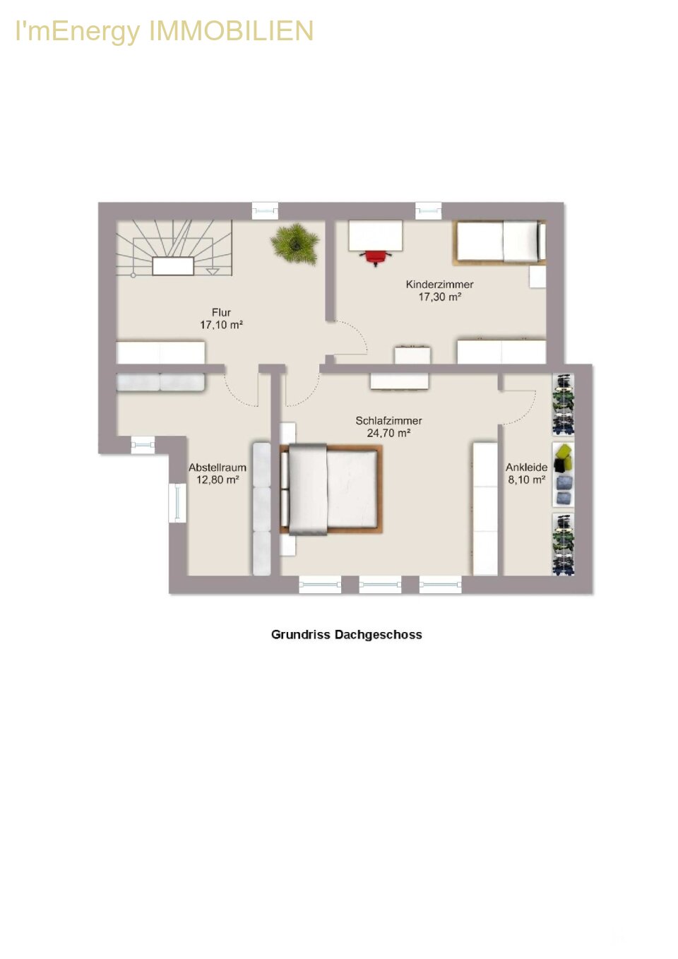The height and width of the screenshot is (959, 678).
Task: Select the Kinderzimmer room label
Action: pos(439,285)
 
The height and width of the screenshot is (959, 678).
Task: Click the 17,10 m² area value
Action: pos(221,325)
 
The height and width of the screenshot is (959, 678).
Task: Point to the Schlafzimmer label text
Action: pos(388,421)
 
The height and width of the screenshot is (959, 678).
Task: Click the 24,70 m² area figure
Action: pos(388,434)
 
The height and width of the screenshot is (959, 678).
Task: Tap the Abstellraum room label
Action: pos(218,467)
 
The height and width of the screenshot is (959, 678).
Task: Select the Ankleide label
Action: pos(526,467)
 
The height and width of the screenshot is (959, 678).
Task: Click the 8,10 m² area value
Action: pos(526,480)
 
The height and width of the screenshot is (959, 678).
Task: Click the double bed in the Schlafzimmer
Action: pos(331,489)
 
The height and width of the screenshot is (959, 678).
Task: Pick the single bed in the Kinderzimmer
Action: pos(499,242)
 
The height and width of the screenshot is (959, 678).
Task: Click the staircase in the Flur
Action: pos(174,249)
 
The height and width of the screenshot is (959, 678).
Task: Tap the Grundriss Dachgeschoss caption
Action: pos(346,635)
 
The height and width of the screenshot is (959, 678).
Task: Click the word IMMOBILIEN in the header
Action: pos(231,31)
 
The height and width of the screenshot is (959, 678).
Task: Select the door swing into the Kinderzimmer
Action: pos(351,338)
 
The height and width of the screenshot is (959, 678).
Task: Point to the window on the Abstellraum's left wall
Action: pos(177,503)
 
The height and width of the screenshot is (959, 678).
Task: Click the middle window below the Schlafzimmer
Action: pos(380,585)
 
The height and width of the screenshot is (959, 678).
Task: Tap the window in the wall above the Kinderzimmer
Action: pos(429,211)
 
